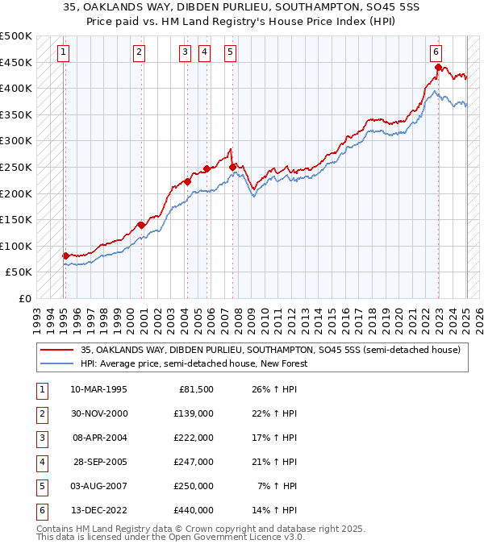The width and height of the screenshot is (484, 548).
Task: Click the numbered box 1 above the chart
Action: tap(63, 52)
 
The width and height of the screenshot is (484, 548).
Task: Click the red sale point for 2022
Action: tap(438, 67)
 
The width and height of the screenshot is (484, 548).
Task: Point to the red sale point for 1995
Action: tap(65, 255)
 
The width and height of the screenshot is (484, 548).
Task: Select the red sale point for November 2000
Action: tap(141, 225)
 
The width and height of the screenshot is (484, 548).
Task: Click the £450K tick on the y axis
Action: tap(16, 62)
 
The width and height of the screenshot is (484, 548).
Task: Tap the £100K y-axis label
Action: tap(16, 246)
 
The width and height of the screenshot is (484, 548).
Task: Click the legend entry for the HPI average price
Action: tap(194, 363)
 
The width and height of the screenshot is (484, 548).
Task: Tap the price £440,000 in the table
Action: tap(194, 510)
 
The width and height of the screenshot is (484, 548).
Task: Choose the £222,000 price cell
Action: tap(194, 438)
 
